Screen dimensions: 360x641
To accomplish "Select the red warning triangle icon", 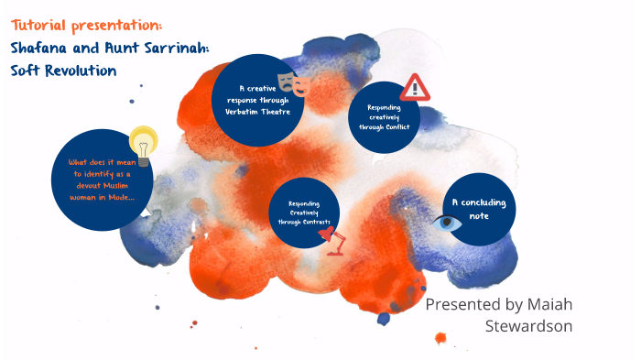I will [415, 87].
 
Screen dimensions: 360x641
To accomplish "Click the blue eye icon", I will [448, 222].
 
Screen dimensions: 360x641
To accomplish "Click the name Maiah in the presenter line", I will [544, 304].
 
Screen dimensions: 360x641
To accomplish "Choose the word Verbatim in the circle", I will [244, 111].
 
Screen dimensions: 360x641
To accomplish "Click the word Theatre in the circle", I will [278, 111].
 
